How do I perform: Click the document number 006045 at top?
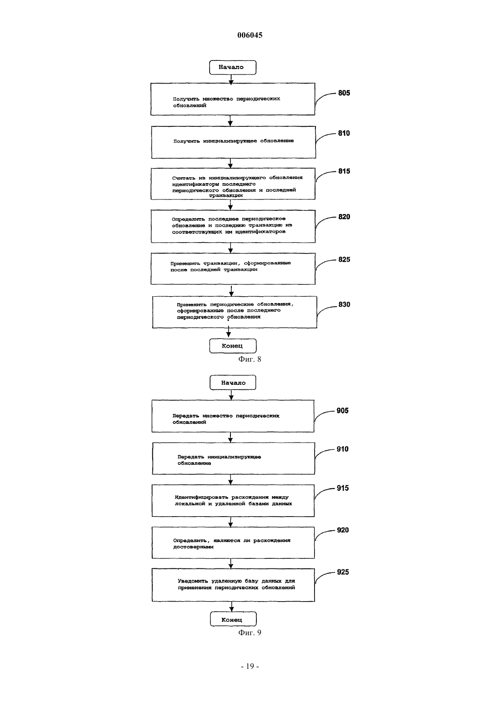(x=250, y=35)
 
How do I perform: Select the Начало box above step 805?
(x=233, y=68)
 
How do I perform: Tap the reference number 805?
(x=344, y=93)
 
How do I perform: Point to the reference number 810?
(x=344, y=133)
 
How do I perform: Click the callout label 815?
(x=344, y=171)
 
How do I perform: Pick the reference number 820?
(x=344, y=217)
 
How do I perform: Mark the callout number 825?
(x=344, y=259)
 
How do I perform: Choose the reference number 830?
(x=344, y=304)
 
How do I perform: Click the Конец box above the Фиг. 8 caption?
(x=233, y=346)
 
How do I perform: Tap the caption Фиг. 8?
(x=250, y=359)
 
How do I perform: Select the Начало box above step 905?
(x=233, y=383)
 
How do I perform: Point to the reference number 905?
(x=342, y=411)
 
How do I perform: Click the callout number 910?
(x=342, y=449)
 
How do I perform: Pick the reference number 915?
(x=343, y=488)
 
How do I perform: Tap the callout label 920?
(x=343, y=530)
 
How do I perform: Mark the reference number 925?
(x=343, y=572)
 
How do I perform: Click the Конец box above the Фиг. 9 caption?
(x=233, y=619)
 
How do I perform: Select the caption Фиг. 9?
(x=250, y=632)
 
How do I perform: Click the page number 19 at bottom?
(x=250, y=666)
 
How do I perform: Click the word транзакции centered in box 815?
(x=226, y=196)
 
